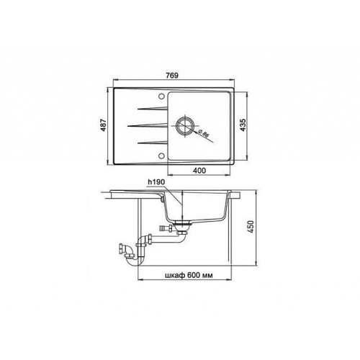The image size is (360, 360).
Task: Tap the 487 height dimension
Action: point(104,125)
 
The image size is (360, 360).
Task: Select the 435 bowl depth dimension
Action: point(243,125)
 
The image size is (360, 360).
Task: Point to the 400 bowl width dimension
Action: point(199,171)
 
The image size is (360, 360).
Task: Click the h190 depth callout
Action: point(156,182)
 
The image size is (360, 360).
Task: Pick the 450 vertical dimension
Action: point(251,227)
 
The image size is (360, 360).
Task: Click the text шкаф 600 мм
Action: point(189,275)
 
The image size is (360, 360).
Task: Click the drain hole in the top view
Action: point(185,125)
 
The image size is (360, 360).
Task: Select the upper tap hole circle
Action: point(161,96)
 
